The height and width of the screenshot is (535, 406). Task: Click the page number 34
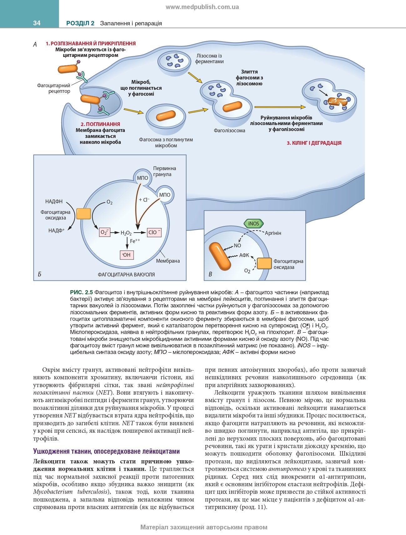[37, 23]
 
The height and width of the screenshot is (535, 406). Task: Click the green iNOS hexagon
[254, 224]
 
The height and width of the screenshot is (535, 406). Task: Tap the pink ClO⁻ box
[155, 232]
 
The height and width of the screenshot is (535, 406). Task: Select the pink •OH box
[127, 255]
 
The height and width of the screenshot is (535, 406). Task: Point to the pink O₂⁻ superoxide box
[104, 232]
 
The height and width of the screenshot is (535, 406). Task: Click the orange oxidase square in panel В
[264, 263]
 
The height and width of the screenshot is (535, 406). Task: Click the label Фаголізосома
[230, 130]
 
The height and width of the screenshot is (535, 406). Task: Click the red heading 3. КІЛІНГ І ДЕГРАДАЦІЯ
[314, 143]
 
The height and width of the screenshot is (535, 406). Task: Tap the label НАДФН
[54, 202]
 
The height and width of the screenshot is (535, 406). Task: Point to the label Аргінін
[273, 233]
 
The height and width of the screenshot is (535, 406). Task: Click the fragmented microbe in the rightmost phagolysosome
[337, 102]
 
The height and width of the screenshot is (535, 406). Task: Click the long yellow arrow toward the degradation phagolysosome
[280, 107]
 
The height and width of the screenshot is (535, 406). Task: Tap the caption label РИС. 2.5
[81, 293]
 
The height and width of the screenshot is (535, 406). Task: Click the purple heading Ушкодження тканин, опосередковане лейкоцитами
[107, 451]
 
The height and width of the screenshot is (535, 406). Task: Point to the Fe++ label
[135, 241]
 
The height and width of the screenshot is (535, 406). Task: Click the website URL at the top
[202, 7]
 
